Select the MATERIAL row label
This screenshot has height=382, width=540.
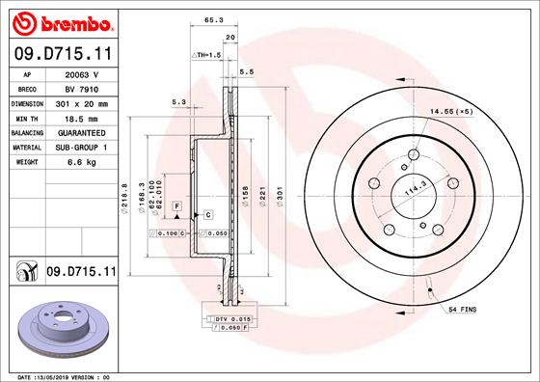(26, 147)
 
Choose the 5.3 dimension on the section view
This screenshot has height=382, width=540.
(177, 100)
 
